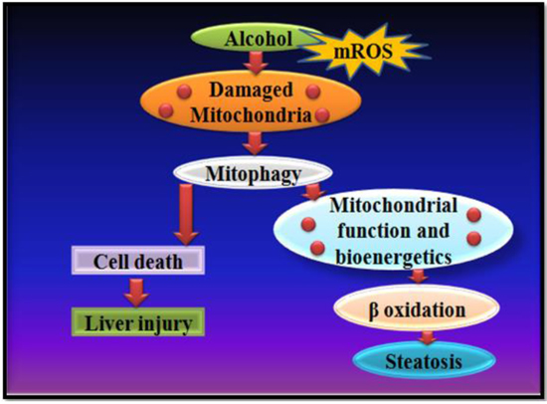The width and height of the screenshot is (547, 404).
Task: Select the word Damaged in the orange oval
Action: [251, 90]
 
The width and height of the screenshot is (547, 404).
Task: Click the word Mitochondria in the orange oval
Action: [251, 114]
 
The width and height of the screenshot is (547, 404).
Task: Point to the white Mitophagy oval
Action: [253, 173]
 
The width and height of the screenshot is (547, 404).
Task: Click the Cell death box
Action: [138, 261]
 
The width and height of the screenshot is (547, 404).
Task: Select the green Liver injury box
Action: [138, 322]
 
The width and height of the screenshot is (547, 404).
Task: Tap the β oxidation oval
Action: [417, 308]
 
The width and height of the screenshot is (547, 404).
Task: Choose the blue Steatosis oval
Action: [424, 360]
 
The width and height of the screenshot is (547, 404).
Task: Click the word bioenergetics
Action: [394, 258]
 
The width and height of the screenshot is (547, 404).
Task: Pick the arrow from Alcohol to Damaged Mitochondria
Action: [256, 63]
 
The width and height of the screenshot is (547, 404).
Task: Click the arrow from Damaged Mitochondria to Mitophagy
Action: [255, 143]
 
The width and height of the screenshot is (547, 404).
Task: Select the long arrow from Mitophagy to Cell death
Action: [186, 214]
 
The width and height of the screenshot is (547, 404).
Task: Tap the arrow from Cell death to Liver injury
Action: [136, 293]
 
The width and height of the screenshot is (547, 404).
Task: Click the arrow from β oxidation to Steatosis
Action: [428, 337]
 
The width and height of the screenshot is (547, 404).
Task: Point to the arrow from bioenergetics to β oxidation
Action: [418, 276]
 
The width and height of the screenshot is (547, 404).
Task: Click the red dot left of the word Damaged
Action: [184, 92]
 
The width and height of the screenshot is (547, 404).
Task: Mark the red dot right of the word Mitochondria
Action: [322, 114]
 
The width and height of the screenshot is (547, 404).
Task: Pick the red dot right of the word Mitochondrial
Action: [474, 215]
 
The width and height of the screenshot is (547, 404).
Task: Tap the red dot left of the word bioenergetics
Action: [317, 248]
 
